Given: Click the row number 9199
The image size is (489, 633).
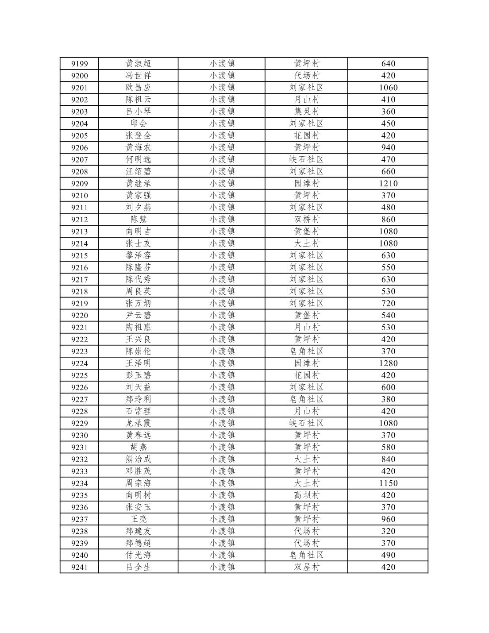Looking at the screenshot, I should click(79, 64).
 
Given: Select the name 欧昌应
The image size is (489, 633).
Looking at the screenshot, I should click(138, 88).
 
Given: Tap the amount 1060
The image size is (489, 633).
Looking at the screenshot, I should click(388, 88).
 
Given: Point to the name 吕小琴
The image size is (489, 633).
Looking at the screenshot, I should click(138, 112).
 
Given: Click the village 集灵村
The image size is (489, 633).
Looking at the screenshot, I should click(306, 112).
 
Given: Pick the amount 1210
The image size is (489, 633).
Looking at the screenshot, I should click(388, 184).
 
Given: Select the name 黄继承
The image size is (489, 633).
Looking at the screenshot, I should click(138, 184).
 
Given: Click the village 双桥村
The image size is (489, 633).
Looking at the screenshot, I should click(306, 220).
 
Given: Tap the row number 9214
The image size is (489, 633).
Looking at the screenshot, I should click(79, 243).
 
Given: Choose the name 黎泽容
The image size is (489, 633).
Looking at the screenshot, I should click(138, 255).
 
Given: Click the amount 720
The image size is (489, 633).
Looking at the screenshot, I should click(388, 304).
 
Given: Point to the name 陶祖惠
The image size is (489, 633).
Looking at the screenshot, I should click(138, 328).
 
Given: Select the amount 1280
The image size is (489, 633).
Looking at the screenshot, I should click(388, 363).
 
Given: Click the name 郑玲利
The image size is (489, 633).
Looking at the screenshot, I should click(138, 399).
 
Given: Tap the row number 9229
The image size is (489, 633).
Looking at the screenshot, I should click(79, 423).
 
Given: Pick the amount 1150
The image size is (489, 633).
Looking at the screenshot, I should click(388, 483).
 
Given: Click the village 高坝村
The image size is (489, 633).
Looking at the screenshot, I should click(306, 495).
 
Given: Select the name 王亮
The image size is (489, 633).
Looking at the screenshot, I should click(138, 519).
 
